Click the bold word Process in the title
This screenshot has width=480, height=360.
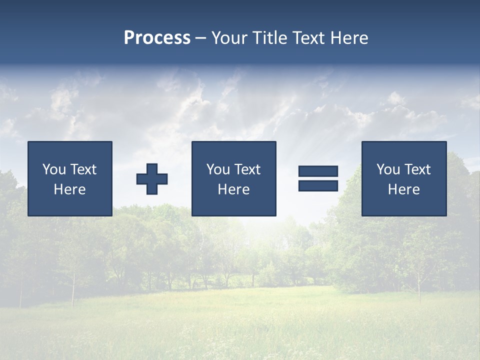pos(157,38)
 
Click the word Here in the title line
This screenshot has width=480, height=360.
pos(350,38)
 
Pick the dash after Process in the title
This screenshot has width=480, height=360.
pos(201,38)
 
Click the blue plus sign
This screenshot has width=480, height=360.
pos(152,178)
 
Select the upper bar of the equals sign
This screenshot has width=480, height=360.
pos(318,171)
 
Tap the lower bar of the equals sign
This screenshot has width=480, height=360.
pos(318,185)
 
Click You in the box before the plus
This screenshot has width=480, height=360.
pos(54,169)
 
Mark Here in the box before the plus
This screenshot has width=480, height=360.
pos(69,189)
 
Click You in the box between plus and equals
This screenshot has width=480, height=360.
pos(218,169)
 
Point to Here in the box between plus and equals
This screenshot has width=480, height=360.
pos(233,189)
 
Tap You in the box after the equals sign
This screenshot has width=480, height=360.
pos(388,169)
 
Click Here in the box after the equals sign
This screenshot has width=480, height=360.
pos(403,189)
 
